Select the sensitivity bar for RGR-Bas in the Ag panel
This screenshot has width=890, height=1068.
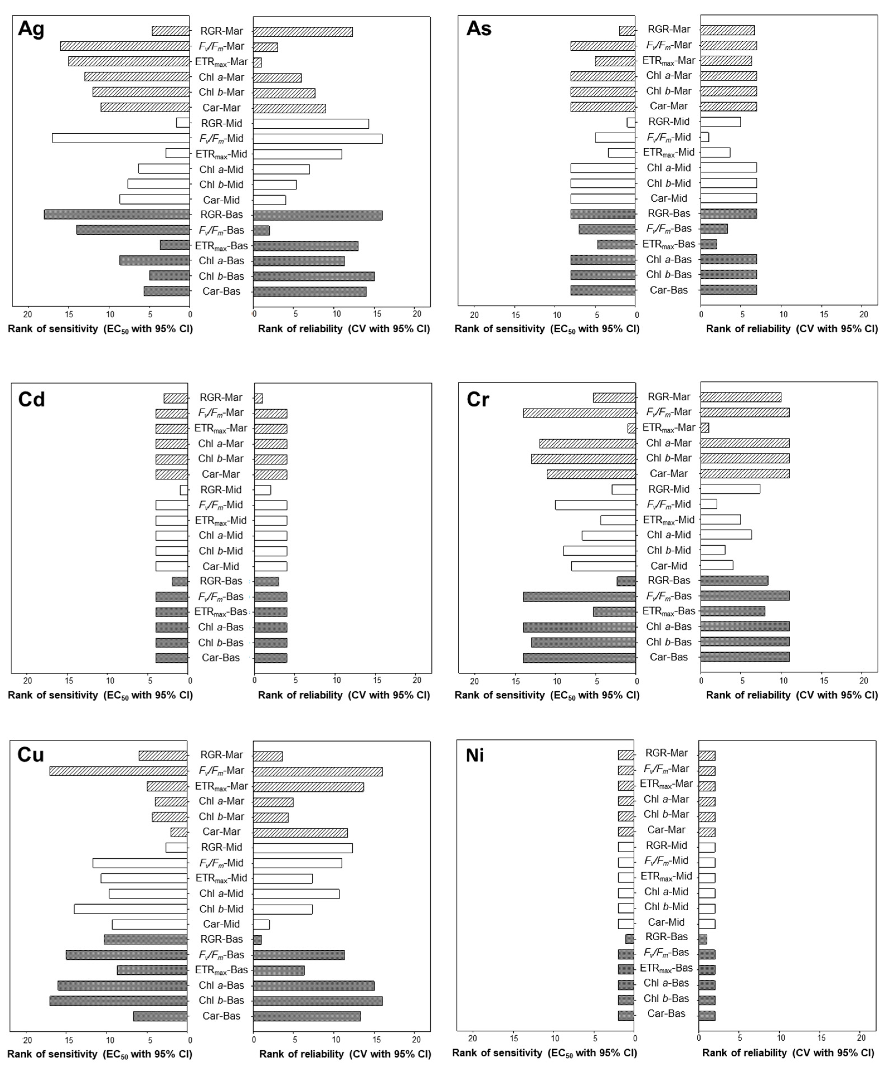coord(117,215)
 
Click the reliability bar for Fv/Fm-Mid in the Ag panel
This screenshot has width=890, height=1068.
coord(318,138)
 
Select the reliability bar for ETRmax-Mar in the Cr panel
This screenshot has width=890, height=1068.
coord(704,428)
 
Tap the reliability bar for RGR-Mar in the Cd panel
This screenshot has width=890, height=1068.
coord(258,398)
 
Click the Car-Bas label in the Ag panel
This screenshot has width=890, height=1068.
coord(221,291)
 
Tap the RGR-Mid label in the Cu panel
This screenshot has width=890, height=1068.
coord(221,847)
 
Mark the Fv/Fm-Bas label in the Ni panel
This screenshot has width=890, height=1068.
coord(666,953)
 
